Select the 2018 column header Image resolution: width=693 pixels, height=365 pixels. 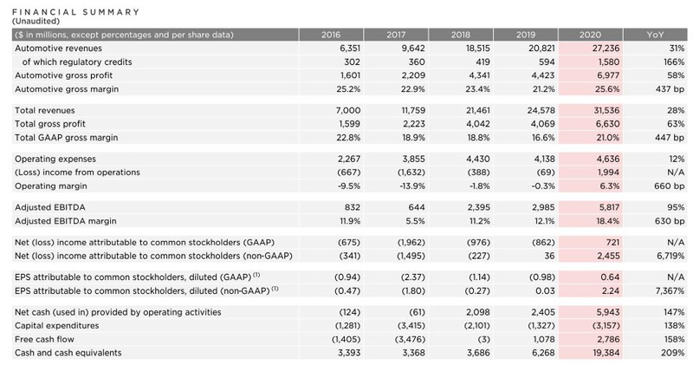point(460,34)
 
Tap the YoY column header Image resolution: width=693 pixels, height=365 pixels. point(656,34)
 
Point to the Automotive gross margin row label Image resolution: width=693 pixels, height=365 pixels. point(67,89)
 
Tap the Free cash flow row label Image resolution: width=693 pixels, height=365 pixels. point(47,339)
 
